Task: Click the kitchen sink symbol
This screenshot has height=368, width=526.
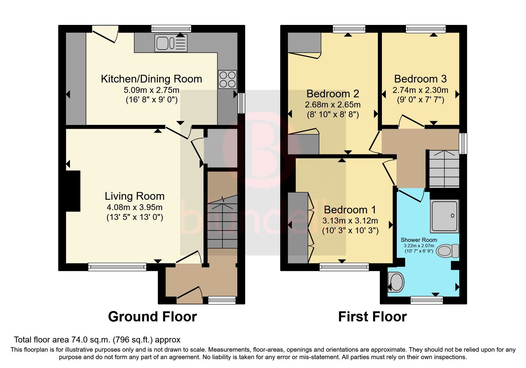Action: click(x=171, y=43)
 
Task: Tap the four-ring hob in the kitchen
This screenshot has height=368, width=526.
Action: click(x=228, y=79)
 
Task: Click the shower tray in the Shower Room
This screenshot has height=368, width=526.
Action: click(x=444, y=216)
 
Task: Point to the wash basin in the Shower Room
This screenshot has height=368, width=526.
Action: click(x=396, y=282)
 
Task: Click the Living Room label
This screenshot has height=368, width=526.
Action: click(x=135, y=196)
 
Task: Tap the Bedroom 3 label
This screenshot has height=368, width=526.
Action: click(x=420, y=79)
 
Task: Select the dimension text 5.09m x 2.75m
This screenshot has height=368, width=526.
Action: click(x=151, y=90)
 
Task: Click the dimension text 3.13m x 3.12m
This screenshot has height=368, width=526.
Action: click(x=350, y=221)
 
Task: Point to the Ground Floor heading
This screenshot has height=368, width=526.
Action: click(x=152, y=317)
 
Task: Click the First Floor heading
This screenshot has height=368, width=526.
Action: click(x=372, y=317)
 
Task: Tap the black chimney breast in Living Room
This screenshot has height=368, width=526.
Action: click(x=73, y=191)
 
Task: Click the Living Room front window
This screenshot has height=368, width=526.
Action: click(x=117, y=267)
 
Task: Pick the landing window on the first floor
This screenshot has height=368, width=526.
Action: click(x=463, y=143)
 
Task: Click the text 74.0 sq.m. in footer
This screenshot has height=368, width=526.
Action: click(x=91, y=340)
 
